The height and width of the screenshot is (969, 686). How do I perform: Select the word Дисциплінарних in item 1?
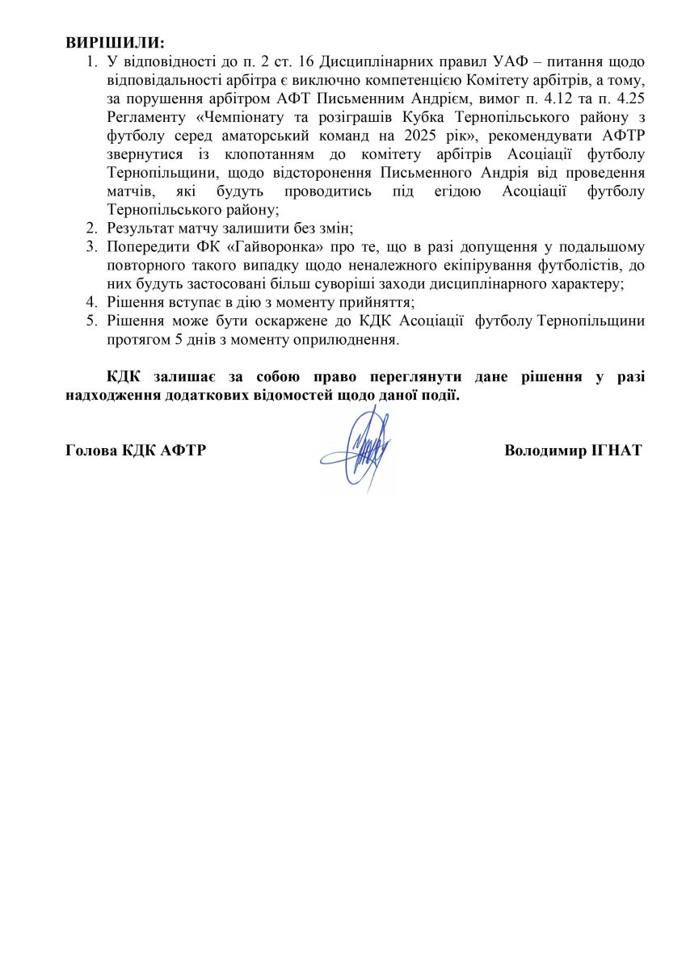pyautogui.click(x=371, y=62)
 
